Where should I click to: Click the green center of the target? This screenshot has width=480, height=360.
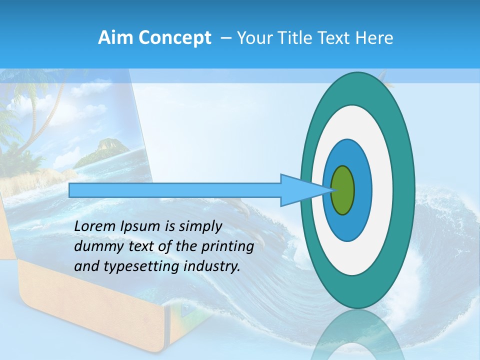pos(343,190)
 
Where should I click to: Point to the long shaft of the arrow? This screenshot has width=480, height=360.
pos(175,190)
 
